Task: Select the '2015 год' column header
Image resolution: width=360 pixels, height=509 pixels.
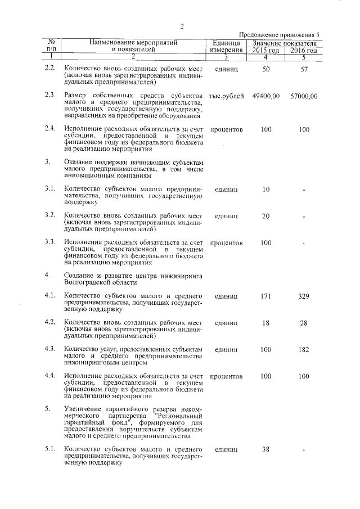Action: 265,50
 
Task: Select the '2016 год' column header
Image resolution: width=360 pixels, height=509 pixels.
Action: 304,50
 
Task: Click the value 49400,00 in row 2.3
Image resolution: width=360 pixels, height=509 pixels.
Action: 266,96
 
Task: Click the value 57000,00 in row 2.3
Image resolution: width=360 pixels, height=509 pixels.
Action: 304,96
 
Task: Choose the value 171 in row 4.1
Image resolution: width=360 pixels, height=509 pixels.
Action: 266,296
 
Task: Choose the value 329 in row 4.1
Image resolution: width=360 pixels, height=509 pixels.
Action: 304,296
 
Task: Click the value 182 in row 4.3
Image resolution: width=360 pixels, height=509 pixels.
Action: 304,349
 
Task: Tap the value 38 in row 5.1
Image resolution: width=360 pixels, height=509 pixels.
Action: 266,450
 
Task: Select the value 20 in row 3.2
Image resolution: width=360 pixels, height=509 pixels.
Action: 266,216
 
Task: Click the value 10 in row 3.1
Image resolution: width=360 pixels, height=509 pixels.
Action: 266,189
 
